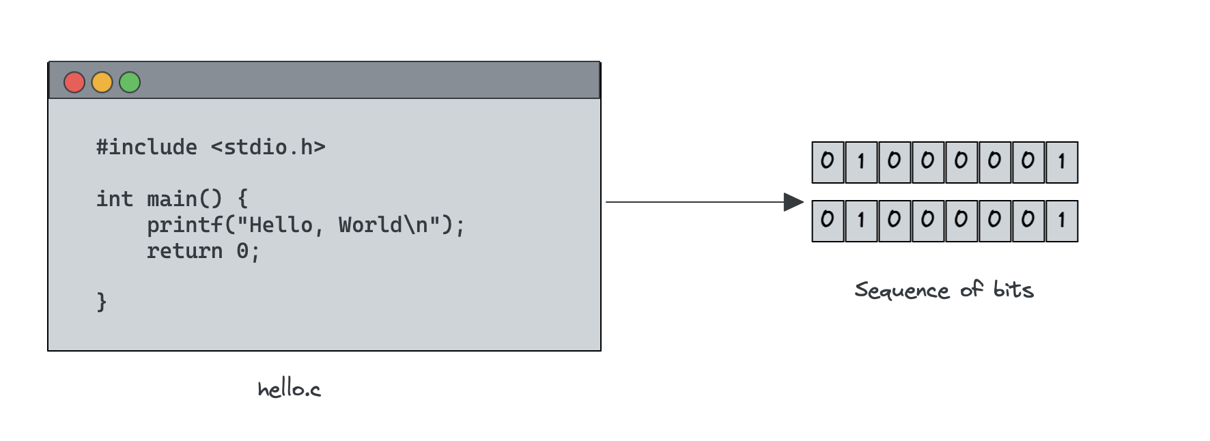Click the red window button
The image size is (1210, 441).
74,83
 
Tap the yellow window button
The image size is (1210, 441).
102,83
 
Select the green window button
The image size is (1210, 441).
130,83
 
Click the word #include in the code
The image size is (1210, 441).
146,147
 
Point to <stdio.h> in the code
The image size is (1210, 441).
268,147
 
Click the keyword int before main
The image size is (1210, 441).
114,199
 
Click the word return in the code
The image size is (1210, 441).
184,251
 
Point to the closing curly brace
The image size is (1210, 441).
102,302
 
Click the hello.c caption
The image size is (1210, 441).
289,389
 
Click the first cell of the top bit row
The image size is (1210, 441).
828,162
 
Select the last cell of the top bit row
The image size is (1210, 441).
1062,162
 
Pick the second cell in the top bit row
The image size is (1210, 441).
861,162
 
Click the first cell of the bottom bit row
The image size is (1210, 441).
828,221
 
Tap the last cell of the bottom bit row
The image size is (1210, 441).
1062,221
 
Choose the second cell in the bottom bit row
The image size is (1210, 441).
861,221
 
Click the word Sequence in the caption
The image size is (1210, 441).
901,291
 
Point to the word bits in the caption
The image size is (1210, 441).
1013,289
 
